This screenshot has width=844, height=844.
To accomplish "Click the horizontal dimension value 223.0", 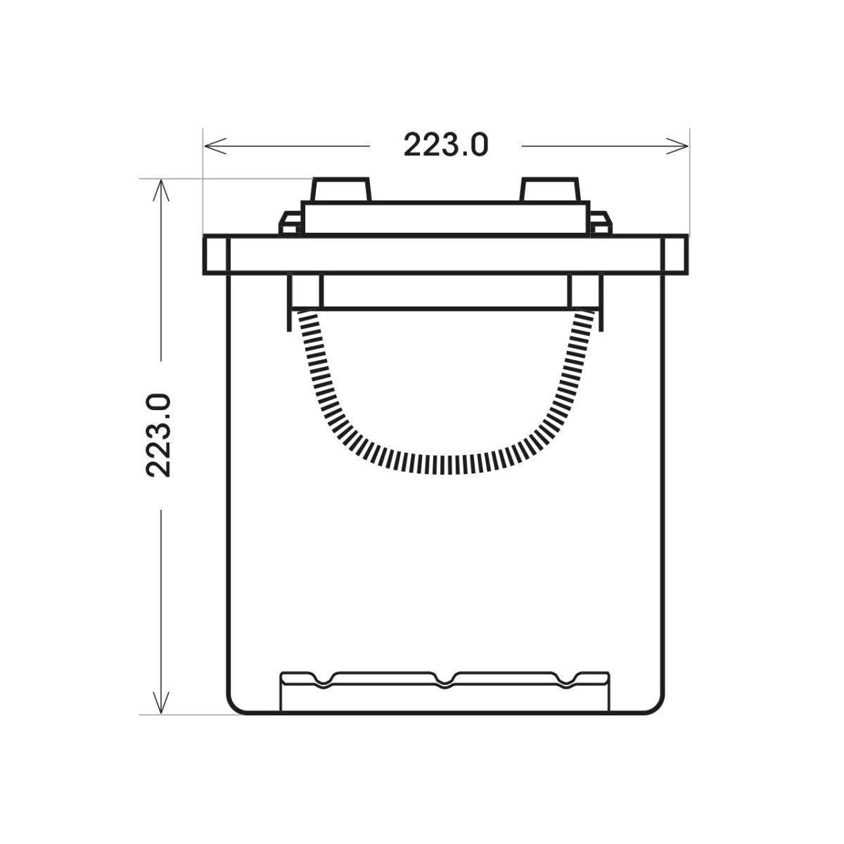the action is point(445,145).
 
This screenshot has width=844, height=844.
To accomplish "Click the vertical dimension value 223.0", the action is point(158,435).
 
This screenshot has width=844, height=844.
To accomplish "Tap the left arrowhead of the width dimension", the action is point(215,146).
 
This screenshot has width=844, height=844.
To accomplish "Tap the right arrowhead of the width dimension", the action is point(677,146).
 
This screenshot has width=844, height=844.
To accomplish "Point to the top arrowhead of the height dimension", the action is point(161,191).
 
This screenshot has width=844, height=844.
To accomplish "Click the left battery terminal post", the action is point(341,189).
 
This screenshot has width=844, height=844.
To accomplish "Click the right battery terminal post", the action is point(550,189).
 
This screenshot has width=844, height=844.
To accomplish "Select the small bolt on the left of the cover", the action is point(290,224).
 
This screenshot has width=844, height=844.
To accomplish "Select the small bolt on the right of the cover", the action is point(601,224).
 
